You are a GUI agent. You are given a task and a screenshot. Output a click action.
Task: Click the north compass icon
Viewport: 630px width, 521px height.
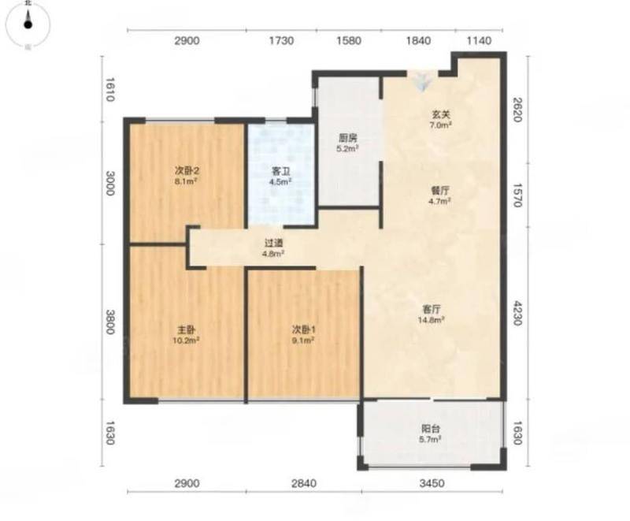(x=28, y=24)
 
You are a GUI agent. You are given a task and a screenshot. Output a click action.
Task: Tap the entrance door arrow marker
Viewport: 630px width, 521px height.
(x=422, y=82)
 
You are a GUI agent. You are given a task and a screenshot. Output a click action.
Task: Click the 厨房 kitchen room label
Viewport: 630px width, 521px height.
(x=348, y=138)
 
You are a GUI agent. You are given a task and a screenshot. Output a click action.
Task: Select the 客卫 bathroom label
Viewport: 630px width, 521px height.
(x=280, y=171)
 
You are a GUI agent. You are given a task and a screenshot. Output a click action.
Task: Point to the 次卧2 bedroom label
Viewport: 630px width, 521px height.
(x=187, y=170)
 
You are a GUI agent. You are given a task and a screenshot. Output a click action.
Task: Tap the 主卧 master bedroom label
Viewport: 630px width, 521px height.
(x=187, y=329)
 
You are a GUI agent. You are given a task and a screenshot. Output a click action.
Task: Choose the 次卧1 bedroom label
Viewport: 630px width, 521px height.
(x=303, y=329)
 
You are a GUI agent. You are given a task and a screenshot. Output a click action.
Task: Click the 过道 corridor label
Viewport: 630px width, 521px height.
(x=273, y=243)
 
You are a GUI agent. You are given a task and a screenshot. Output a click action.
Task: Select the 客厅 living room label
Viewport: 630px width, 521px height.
(x=432, y=309)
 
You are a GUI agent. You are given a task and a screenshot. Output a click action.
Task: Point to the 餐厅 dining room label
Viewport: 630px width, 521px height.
(x=440, y=190)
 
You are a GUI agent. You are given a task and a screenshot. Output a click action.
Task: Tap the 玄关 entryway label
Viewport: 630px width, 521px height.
(x=440, y=114)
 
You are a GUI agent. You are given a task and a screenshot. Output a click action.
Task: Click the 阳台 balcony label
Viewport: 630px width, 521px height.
(x=430, y=428)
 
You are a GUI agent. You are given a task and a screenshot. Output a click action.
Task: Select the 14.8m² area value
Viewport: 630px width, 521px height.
(x=432, y=320)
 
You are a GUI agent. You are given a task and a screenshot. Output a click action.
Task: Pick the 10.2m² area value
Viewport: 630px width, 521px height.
(x=187, y=341)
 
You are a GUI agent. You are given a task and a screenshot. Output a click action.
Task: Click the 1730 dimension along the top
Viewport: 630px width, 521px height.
(x=281, y=41)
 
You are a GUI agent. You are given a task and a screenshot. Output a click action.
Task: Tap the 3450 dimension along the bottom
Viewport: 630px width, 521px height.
(x=432, y=483)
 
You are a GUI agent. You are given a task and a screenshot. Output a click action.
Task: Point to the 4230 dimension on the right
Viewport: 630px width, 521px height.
(x=517, y=313)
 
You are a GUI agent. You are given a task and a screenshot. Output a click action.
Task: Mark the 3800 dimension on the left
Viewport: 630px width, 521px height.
(x=109, y=322)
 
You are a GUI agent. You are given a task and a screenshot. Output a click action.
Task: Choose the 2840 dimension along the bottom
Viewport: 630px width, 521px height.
(x=304, y=483)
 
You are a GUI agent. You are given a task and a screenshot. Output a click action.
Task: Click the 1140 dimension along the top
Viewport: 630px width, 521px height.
(x=480, y=41)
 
